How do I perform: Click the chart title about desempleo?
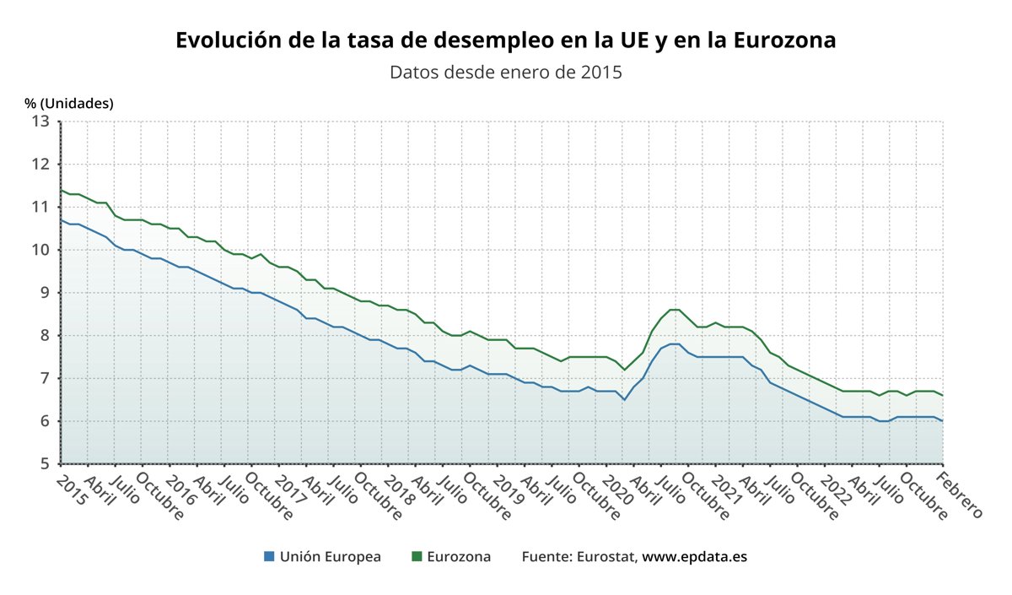click(505, 41)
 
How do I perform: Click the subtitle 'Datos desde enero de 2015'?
click(505, 72)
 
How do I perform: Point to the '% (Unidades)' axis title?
click(68, 103)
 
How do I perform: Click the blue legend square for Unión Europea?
click(269, 557)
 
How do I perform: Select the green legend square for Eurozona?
click(416, 557)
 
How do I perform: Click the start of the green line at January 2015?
click(62, 190)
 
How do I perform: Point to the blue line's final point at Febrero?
click(942, 421)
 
